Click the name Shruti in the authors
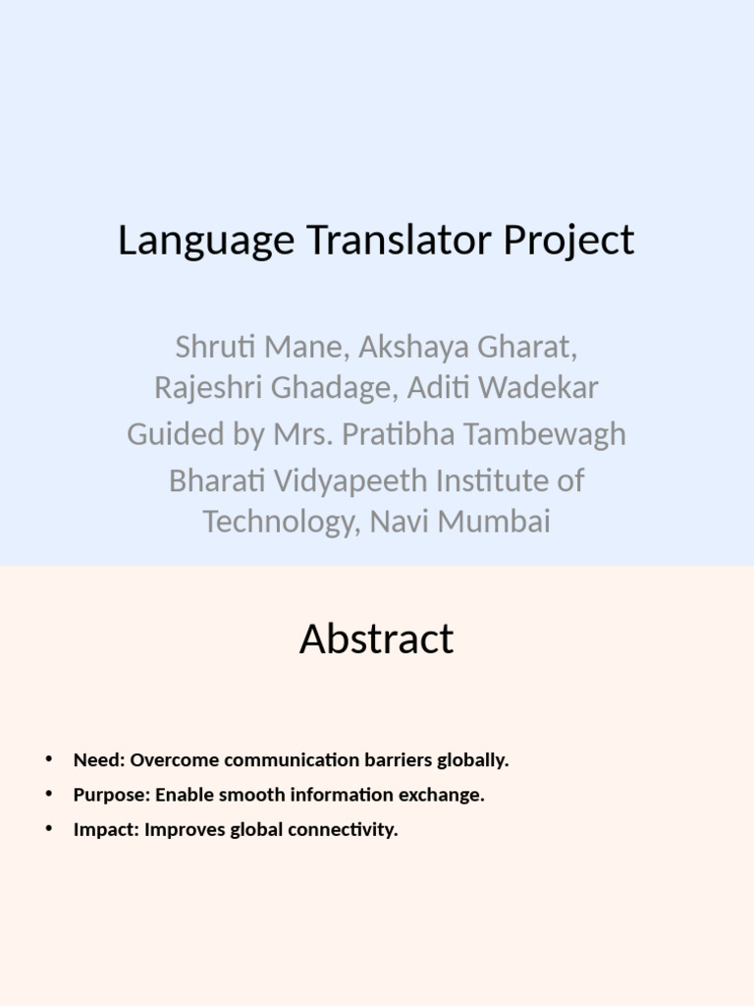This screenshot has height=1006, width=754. [207, 347]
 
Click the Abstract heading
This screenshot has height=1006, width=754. [377, 640]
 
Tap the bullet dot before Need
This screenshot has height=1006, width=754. [48, 759]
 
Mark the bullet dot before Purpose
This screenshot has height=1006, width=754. [48, 794]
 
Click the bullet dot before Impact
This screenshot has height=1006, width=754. [48, 828]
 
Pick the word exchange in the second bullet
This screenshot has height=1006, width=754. [448, 795]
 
